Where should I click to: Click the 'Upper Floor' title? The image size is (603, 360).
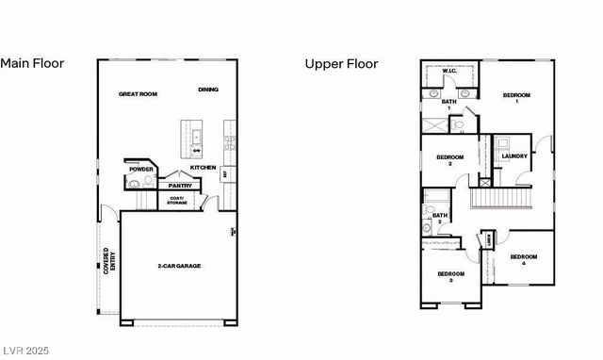click(341, 64)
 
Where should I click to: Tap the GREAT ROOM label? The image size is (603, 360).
click(138, 94)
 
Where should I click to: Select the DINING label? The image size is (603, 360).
click(208, 90)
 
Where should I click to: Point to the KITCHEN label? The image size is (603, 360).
click(204, 168)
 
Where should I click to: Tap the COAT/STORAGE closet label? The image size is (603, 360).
click(177, 201)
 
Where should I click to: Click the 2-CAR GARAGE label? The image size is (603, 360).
click(179, 266)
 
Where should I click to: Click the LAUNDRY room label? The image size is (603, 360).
click(514, 156)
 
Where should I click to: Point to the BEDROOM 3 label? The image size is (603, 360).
click(450, 276)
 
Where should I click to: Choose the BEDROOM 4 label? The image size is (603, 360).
click(524, 259)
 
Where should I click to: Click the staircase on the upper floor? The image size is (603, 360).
click(499, 198)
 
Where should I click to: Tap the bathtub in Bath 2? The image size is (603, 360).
click(438, 198)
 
